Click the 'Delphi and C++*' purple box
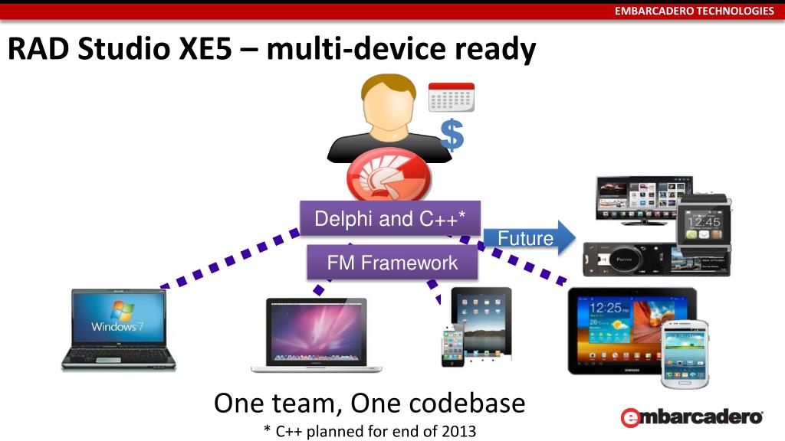pyautogui.click(x=389, y=219)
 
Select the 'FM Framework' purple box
pyautogui.click(x=392, y=263)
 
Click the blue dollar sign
pyautogui.click(x=452, y=136)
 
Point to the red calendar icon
pyautogui.click(x=451, y=97)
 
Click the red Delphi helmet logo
pyautogui.click(x=389, y=178)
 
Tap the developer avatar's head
pyautogui.click(x=389, y=104)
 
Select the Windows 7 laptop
pyautogui.click(x=118, y=328)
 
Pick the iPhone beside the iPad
pyautogui.click(x=453, y=344)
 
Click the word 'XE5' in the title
pyautogui.click(x=211, y=50)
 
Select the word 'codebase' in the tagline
pyautogui.click(x=467, y=403)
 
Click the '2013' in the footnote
pyautogui.click(x=458, y=431)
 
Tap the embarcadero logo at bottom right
pyautogui.click(x=691, y=417)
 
